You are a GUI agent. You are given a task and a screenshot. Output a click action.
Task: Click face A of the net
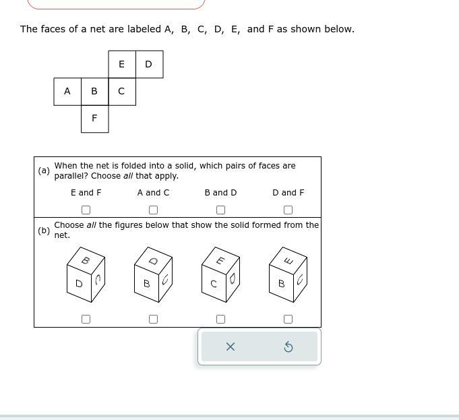(67, 92)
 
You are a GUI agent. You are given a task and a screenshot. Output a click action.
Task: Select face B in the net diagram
(94, 92)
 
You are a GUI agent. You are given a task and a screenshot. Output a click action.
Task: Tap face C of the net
(121, 92)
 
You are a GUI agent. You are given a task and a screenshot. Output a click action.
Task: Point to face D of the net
(149, 65)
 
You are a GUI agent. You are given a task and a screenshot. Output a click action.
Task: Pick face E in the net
(121, 65)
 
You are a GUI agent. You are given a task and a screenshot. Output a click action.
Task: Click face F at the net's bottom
(94, 119)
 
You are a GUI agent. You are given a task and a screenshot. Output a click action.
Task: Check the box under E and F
(86, 210)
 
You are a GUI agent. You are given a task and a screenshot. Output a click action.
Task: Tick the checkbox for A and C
(153, 210)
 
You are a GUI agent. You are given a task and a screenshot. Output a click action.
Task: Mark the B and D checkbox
(220, 210)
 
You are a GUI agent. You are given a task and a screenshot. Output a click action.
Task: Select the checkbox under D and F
(288, 210)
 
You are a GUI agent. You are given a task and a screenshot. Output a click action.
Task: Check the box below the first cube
(86, 319)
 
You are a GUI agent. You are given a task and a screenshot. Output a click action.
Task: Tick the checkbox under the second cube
(153, 319)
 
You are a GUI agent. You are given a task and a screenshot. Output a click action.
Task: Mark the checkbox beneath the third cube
(220, 319)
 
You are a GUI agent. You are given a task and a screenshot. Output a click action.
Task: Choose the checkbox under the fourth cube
(288, 319)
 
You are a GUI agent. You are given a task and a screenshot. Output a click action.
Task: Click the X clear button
(230, 347)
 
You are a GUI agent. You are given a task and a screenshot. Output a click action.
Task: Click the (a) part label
(44, 171)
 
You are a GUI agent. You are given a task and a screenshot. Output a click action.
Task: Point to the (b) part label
(44, 231)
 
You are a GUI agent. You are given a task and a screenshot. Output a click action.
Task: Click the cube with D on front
(86, 275)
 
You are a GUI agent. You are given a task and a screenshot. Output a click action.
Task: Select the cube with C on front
(220, 275)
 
